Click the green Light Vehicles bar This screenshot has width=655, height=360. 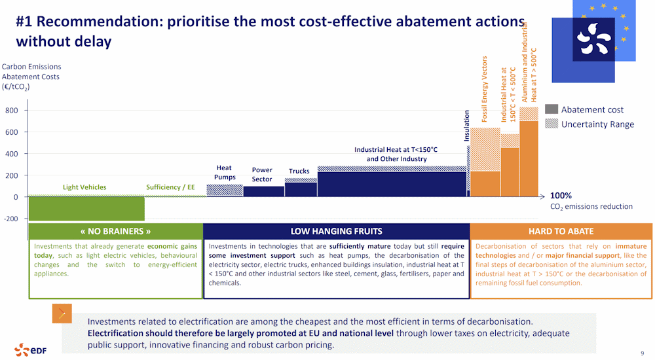tap(86, 209)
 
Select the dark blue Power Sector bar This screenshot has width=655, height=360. tap(264, 191)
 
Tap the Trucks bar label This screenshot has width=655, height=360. tap(299, 171)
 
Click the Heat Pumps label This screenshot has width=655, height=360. tap(224, 172)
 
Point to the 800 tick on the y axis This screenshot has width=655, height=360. tap(12, 111)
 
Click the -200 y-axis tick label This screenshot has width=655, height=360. tap(11, 219)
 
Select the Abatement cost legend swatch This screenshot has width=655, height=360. tap(552, 109)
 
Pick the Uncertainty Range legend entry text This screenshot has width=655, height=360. tap(597, 124)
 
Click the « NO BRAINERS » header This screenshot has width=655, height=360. tap(115, 231)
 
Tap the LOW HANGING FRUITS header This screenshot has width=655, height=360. tap(336, 231)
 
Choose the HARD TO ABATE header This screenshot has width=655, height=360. tap(561, 231)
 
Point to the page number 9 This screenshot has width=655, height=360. tap(642, 352)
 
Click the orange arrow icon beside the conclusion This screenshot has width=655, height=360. tap(62, 314)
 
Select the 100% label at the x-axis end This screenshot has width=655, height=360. tap(561, 195)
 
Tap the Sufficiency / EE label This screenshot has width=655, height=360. tap(170, 187)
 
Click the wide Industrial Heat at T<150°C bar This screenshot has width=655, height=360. tap(392, 184)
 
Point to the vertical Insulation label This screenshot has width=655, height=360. tap(467, 126)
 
